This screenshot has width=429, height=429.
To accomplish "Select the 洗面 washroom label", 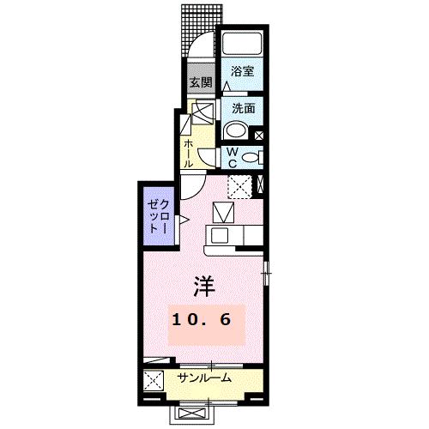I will (242, 109).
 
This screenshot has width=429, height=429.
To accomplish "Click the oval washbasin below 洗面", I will (234, 131).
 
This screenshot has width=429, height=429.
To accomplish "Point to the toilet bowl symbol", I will (249, 157).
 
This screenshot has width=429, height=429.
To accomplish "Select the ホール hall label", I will (188, 153).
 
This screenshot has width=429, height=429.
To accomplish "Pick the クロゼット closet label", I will (155, 216).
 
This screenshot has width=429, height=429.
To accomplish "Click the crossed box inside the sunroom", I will (155, 379).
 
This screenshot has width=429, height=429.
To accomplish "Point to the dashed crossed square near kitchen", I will (239, 184).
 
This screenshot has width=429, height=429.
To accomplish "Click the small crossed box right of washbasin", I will (259, 134).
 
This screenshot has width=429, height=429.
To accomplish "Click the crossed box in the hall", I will (202, 112).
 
